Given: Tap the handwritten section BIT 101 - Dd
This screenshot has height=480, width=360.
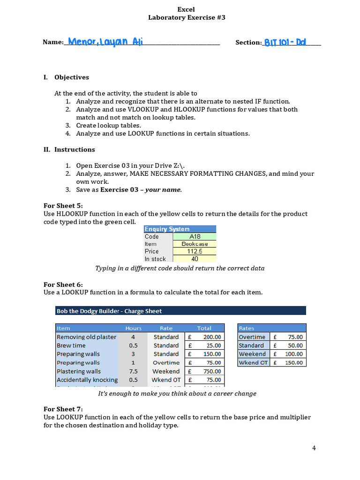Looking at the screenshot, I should (x=285, y=42).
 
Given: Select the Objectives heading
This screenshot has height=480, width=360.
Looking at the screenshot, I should (x=71, y=77).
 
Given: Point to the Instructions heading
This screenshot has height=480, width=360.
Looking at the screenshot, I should (x=74, y=150).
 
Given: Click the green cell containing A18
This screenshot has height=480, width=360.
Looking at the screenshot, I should (x=195, y=237).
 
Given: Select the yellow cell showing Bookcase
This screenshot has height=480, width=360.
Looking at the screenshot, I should (x=195, y=244).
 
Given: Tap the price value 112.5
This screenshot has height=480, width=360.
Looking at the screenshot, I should (x=195, y=251).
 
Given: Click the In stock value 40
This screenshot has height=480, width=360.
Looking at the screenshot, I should (x=195, y=259).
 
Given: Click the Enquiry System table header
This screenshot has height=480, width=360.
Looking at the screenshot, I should (x=167, y=229).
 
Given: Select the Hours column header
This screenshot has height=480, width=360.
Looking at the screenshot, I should (x=133, y=328).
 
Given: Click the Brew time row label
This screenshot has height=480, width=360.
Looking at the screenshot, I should (x=71, y=345).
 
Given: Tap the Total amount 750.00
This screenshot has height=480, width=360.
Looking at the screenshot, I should (x=212, y=371).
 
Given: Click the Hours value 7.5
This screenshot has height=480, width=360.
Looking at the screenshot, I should (x=133, y=371).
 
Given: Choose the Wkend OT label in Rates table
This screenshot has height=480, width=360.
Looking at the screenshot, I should (x=252, y=362).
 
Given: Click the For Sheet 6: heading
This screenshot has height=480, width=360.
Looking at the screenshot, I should (x=63, y=285).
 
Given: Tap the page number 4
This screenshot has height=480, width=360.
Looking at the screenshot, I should (x=314, y=448).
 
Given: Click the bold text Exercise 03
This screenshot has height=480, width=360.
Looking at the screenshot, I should (x=119, y=190).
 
